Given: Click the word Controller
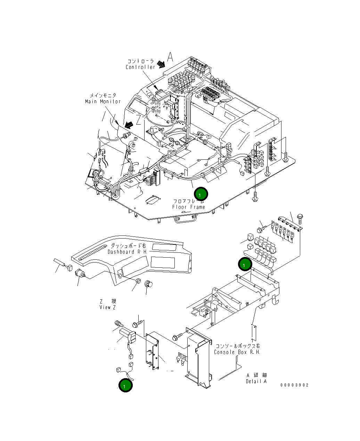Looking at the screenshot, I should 140,67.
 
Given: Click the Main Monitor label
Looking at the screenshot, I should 103,101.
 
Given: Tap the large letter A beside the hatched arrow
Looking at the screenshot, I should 170,57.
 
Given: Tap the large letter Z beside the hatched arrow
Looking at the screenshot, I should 138,120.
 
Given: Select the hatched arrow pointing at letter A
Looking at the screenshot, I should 161,64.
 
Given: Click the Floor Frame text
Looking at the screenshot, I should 189,207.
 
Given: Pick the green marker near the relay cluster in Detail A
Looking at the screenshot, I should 245,265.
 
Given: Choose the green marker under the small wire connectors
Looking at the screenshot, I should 125,385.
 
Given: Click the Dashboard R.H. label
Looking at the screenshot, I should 128,252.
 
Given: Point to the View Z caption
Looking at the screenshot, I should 107,307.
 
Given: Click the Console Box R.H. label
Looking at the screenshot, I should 237,352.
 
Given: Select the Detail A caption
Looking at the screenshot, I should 256,381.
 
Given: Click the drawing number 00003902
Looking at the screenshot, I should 294,385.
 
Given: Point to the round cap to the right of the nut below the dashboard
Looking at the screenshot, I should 149,283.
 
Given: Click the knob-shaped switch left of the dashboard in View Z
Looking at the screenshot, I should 81,274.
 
